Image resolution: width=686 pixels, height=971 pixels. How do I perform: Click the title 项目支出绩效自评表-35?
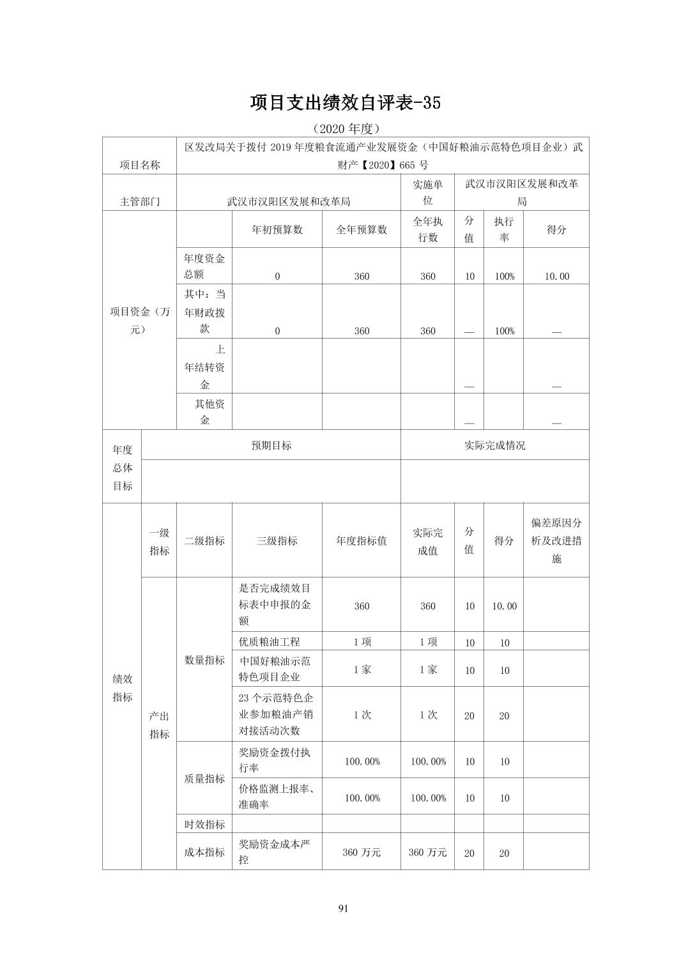pos(345,103)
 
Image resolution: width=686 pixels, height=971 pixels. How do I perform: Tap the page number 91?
pos(343,908)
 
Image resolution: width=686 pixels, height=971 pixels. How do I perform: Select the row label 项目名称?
pos(140,165)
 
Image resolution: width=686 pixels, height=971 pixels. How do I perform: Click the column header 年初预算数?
pos(277,230)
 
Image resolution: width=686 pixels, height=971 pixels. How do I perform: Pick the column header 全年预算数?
pos(362,230)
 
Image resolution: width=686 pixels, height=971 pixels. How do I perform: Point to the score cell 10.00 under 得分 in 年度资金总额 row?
pos(556,276)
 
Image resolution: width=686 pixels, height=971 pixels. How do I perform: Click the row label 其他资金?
pos(204,412)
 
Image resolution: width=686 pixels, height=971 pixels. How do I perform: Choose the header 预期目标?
pos(271,445)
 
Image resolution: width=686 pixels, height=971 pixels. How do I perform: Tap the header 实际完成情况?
pos(494,445)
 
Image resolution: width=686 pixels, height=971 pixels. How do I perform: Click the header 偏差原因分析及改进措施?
pos(556,540)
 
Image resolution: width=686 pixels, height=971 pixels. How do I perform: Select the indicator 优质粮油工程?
pos(270,642)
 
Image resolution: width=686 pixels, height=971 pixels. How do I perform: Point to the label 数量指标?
pos(204,660)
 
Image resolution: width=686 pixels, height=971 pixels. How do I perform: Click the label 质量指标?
pos(204,779)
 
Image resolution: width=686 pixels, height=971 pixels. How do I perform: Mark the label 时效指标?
pos(204,824)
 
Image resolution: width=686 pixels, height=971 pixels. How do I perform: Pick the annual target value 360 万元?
pos(362,852)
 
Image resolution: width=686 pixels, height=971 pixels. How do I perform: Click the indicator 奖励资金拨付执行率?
pos(275,760)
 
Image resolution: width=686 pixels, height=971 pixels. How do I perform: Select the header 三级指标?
pos(277,540)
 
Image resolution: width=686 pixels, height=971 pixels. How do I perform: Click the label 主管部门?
pos(140,201)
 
